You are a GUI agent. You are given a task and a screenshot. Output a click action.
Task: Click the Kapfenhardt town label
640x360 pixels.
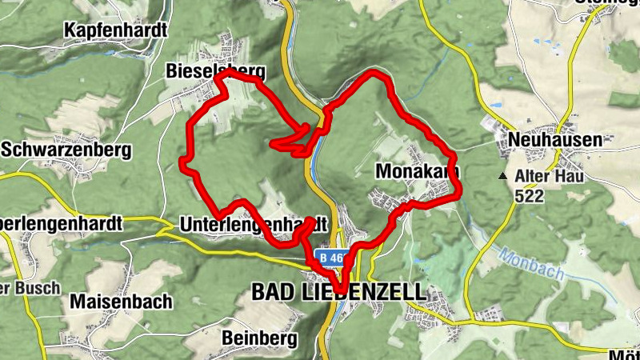pos(116,30)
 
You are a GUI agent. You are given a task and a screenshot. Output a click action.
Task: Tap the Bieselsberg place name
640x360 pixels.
pos(215,71)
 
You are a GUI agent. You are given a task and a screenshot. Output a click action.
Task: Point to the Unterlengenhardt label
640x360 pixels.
pos(254,224)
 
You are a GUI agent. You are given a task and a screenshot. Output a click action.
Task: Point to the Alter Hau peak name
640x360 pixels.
pos(551,176)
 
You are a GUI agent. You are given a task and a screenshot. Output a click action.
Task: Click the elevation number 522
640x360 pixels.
pos(530,195)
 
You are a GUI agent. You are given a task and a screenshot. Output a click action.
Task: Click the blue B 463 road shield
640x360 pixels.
pos(332,258)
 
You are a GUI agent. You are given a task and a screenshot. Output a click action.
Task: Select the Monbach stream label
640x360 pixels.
pos(532,265)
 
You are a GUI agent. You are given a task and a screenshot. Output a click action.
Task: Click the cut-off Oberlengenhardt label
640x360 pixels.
pos(60,224)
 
